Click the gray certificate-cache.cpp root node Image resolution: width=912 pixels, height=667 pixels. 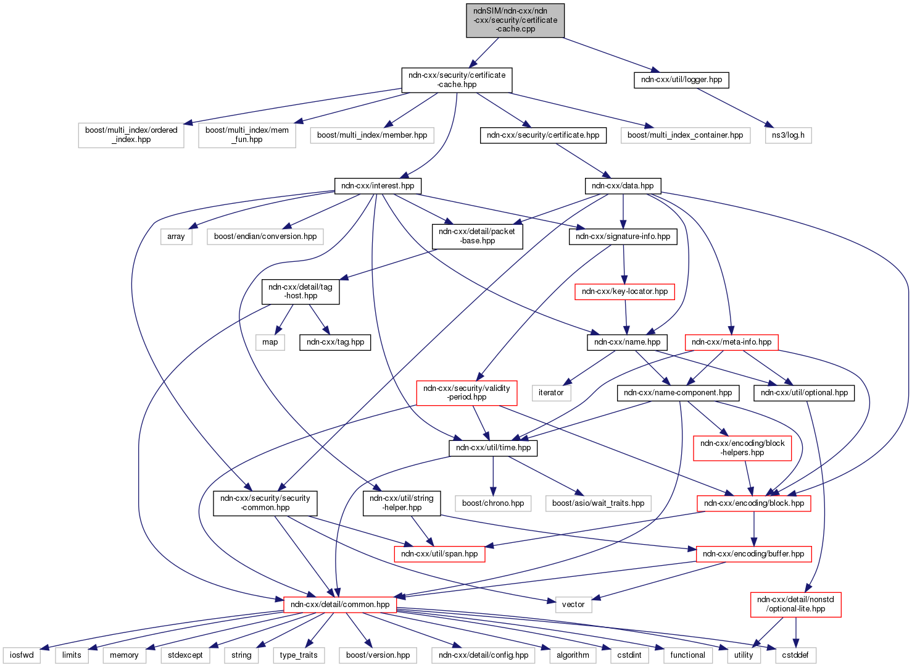click(515, 20)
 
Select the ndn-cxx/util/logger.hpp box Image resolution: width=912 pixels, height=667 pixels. click(681, 80)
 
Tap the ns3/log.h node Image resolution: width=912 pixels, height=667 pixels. click(788, 135)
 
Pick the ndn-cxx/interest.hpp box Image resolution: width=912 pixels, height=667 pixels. click(378, 186)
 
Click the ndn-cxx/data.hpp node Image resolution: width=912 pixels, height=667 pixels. click(622, 186)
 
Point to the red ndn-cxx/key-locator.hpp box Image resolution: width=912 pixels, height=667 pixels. click(624, 292)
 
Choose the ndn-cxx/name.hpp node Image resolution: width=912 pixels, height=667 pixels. click(627, 342)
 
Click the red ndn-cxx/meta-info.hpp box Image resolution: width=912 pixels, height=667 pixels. click(731, 342)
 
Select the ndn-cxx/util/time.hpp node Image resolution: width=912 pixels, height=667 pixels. click(493, 448)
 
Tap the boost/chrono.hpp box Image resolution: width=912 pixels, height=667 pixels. click(493, 503)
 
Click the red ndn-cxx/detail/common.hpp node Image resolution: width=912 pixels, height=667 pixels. click(340, 605)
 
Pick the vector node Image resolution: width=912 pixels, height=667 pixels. click(573, 605)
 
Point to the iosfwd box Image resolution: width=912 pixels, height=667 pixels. click(22, 655)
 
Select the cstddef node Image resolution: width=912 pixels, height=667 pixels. click(795, 655)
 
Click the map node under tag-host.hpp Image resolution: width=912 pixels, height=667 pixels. click(270, 342)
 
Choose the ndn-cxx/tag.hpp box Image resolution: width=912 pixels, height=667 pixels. click(335, 342)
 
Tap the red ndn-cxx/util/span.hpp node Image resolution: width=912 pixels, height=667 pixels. click(439, 554)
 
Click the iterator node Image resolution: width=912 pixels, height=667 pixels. click(550, 393)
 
